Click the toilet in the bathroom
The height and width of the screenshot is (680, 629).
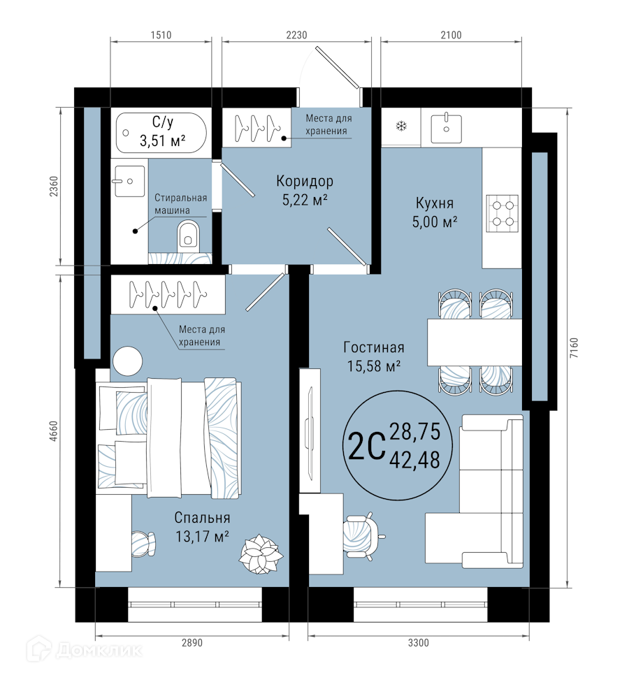tap(188, 236)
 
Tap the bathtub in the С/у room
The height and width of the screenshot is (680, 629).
tap(161, 133)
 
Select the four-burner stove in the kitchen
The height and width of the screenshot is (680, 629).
tap(502, 213)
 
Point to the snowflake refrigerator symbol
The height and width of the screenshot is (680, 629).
tap(401, 126)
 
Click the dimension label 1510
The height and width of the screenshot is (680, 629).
tap(161, 35)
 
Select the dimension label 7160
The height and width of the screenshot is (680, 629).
tap(574, 347)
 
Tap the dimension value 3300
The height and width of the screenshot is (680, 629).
tap(418, 642)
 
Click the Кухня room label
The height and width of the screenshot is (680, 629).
tap(435, 203)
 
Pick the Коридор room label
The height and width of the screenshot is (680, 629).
tap(305, 181)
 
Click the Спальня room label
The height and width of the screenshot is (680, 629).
tap(202, 517)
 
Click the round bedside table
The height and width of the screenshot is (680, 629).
tap(127, 361)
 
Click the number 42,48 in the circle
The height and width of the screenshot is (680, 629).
tap(414, 460)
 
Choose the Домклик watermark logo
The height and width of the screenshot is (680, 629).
tap(84, 649)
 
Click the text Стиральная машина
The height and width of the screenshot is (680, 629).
tap(180, 204)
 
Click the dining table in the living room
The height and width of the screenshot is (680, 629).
tap(475, 342)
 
